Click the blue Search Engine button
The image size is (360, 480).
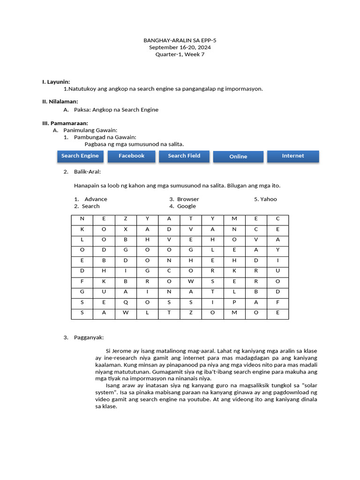click(x=80, y=156)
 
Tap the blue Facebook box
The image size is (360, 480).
click(x=131, y=156)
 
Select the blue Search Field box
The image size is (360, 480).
click(x=184, y=156)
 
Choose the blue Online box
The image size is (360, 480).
click(x=238, y=157)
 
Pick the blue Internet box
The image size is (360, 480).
click(x=293, y=156)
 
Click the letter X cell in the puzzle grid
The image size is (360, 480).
click(x=126, y=229)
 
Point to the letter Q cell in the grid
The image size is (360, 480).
click(x=126, y=302)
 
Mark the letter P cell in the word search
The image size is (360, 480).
click(x=234, y=302)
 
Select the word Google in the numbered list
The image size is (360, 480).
click(x=187, y=206)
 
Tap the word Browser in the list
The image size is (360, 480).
click(x=188, y=199)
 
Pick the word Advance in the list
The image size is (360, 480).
click(x=96, y=199)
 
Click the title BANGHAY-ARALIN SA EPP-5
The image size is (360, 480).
click(x=180, y=41)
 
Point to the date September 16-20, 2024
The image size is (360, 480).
click(x=180, y=47)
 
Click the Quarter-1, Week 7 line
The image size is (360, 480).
click(x=180, y=54)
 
